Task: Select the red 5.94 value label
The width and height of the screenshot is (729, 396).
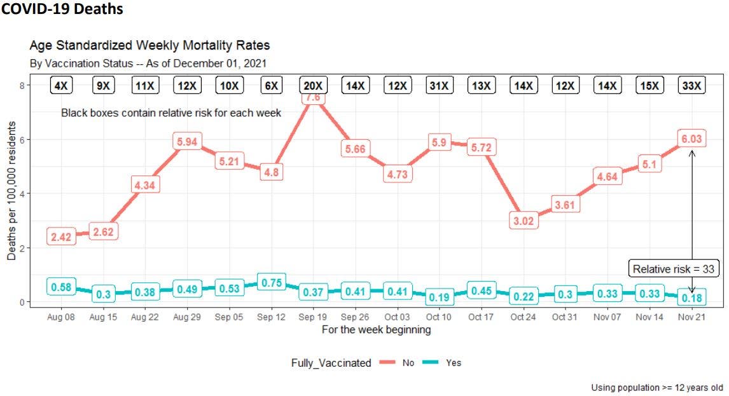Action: (x=188, y=142)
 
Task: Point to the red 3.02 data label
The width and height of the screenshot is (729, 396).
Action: (x=524, y=221)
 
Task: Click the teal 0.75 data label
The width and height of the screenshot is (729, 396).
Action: (x=271, y=283)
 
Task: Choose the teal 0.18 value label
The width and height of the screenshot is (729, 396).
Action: (x=691, y=298)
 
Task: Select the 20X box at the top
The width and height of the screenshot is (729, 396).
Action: (x=313, y=85)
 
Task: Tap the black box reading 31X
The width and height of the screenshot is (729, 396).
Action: (x=439, y=85)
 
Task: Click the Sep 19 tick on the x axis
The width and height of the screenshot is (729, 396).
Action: (x=313, y=317)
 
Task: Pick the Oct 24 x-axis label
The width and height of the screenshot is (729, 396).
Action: (x=524, y=317)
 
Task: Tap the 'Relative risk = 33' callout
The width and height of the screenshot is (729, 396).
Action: (x=674, y=269)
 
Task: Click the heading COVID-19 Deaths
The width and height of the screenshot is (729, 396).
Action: (x=62, y=10)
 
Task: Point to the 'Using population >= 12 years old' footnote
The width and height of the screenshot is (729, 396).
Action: (x=657, y=387)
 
